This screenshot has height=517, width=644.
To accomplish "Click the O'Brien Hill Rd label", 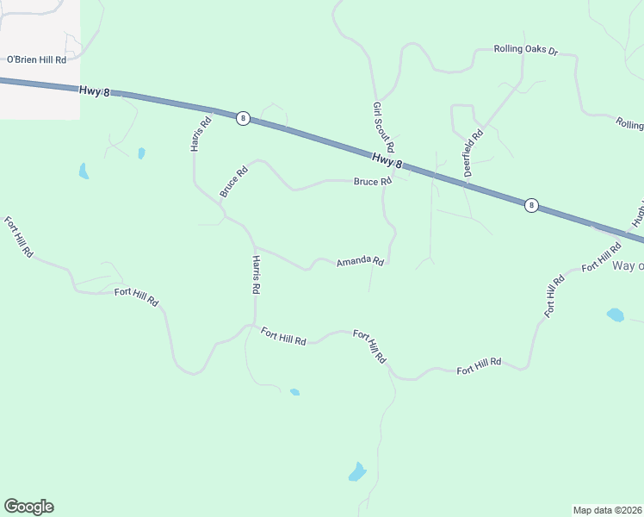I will coord(36,59).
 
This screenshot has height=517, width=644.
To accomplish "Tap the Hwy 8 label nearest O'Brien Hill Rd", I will coord(95,90).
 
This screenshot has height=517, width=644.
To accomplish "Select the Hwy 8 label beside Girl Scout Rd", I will coord(388,159).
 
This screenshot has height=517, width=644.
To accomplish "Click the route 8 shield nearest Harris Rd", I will coord(244,118).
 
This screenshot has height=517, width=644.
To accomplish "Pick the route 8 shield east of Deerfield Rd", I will coord(532,205).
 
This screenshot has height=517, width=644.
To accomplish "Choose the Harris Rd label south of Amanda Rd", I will coord(256,275).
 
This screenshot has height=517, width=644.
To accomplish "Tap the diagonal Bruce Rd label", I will coord(233,182).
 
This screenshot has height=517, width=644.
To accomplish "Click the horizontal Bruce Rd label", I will coord(373,181).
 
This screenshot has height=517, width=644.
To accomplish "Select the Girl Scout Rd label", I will coord(383,128).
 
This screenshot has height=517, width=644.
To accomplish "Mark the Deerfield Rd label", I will coord(474,153).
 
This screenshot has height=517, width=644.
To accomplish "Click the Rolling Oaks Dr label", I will coord(525,50).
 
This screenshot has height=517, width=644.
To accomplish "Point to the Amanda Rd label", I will coord(359,261).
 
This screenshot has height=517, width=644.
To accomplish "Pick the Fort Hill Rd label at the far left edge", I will coord(18,237).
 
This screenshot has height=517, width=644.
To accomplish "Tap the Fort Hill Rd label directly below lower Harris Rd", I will coord(283,336).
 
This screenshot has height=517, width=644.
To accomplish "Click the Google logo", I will coord(28,507).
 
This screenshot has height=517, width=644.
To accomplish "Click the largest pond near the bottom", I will coord(357,472).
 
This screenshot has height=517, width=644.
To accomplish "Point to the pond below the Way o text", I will coord(616,315).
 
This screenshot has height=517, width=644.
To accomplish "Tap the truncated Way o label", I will coord(628,265).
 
